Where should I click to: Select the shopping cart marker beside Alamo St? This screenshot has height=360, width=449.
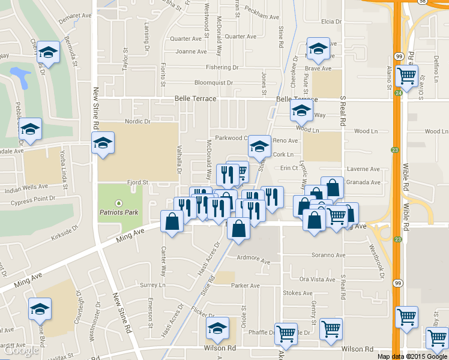pos(408,76)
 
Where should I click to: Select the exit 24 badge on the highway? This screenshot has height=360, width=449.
pos(399,93)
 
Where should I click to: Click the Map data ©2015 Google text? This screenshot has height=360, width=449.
pos(412,356)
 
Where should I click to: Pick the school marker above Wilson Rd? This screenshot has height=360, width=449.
pos(217,328)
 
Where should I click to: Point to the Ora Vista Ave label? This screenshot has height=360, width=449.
pos(317,280)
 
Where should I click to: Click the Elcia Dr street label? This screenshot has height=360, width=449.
pos(331,22)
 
